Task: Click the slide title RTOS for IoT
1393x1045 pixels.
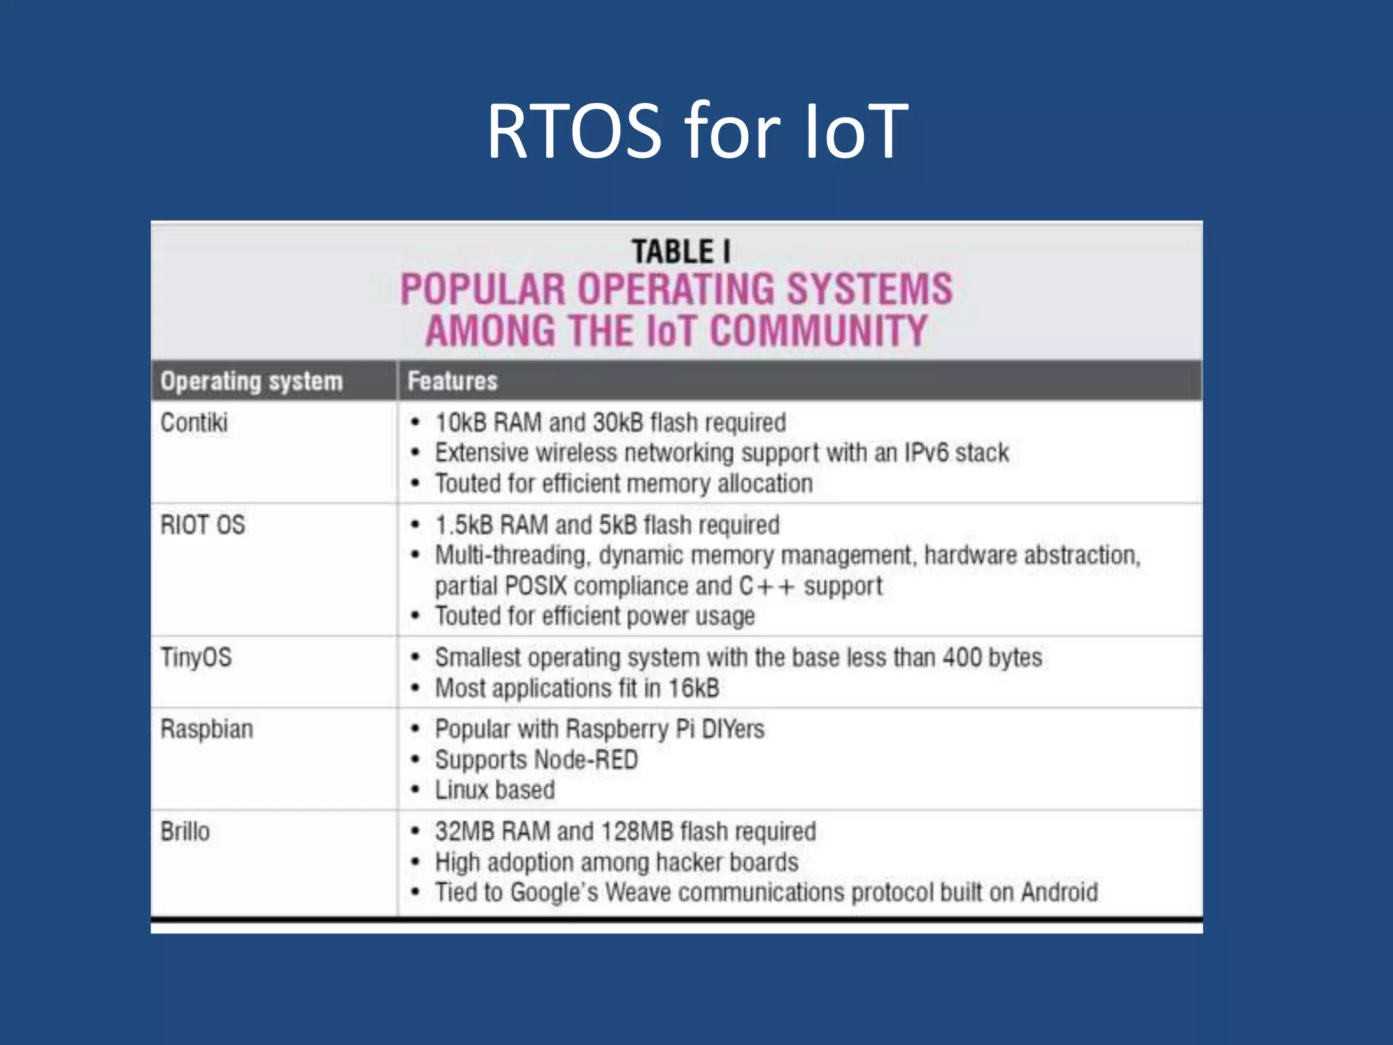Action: click(x=696, y=131)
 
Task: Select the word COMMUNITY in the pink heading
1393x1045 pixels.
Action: click(x=818, y=331)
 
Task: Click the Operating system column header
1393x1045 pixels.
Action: click(x=251, y=381)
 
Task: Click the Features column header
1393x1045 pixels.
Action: click(x=452, y=381)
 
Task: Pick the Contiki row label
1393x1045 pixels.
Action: click(x=194, y=422)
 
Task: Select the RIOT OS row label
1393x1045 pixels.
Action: click(x=203, y=525)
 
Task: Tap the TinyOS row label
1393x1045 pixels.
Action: click(x=196, y=657)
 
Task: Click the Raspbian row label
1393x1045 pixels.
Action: click(x=207, y=729)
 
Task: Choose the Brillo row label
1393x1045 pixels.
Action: click(x=185, y=831)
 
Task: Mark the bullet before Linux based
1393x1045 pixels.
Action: click(x=415, y=790)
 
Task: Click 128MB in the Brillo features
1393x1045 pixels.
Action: click(x=637, y=831)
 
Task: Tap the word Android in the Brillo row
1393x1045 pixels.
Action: click(x=1059, y=892)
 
